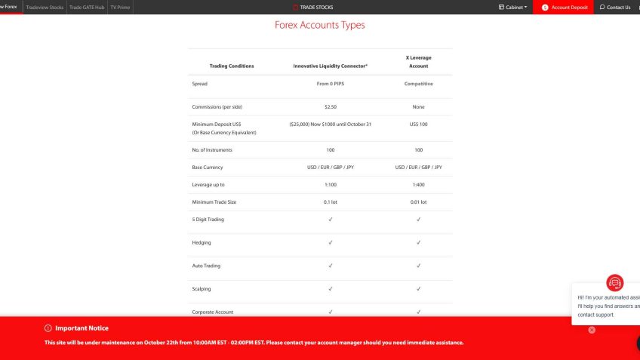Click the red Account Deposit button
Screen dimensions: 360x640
point(565,8)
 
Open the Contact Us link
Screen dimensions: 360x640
point(615,8)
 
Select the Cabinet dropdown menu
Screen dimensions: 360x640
point(513,8)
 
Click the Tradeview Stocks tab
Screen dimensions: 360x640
point(45,8)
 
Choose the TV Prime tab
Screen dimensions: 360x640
point(120,8)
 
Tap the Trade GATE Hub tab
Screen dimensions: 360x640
point(87,8)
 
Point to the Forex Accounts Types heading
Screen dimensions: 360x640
point(319,25)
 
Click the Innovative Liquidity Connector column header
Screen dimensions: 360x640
point(330,66)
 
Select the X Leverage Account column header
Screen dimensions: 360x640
point(418,61)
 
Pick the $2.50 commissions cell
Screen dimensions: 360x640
point(330,107)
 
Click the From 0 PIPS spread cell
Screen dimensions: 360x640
point(330,84)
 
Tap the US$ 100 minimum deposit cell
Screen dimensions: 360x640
point(418,124)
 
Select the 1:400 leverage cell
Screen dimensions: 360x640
point(418,185)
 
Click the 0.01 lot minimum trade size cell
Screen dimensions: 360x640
point(418,202)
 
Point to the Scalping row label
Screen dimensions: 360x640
point(202,289)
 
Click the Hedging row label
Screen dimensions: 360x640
point(202,243)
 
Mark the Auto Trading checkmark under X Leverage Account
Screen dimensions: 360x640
point(418,266)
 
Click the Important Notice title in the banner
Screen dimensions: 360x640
point(82,328)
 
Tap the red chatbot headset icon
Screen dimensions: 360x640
point(615,283)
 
